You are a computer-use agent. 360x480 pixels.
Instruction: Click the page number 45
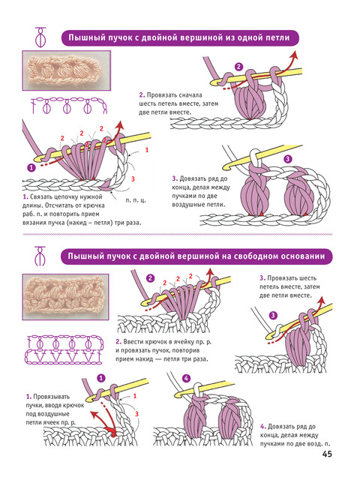[327, 454]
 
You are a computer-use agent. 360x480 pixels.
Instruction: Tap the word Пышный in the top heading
[82, 37]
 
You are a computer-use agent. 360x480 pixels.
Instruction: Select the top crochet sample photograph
[67, 70]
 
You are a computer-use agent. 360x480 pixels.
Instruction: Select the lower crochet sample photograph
[65, 297]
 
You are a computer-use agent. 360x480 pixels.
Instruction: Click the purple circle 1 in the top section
[31, 167]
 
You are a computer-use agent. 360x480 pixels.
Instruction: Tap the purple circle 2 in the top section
[238, 67]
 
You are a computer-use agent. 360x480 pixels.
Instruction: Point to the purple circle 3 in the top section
[288, 159]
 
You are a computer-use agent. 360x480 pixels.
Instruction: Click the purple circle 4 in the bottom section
[186, 378]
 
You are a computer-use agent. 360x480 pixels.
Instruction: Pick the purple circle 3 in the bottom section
[273, 315]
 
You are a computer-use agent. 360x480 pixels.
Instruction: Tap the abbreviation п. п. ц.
[136, 200]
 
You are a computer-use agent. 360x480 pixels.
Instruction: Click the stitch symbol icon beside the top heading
[40, 37]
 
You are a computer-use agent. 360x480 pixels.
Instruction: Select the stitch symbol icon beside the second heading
[40, 256]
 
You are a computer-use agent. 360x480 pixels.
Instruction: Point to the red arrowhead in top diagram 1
[120, 125]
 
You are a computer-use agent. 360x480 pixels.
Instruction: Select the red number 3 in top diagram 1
[133, 178]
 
